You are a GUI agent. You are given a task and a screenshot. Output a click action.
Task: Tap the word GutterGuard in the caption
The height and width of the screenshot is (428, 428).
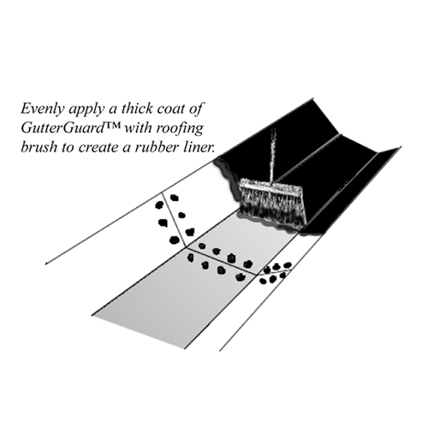coord(62,128)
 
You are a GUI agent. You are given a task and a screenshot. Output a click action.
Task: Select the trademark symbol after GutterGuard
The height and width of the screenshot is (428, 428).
coord(113,125)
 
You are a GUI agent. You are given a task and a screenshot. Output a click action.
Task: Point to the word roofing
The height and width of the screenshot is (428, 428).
coord(181,129)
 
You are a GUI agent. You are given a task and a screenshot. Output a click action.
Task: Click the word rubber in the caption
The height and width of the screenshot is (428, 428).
coord(154,147)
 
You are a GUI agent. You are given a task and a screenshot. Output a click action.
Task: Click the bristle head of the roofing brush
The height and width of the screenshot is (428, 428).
coord(272,203)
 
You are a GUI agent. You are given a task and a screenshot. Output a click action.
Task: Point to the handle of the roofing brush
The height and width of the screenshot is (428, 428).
coord(272,154)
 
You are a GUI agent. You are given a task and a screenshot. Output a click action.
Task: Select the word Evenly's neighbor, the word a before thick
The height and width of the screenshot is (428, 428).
coord(113,110)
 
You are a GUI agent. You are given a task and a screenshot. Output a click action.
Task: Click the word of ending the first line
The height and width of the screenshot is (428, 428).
coord(196,109)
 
